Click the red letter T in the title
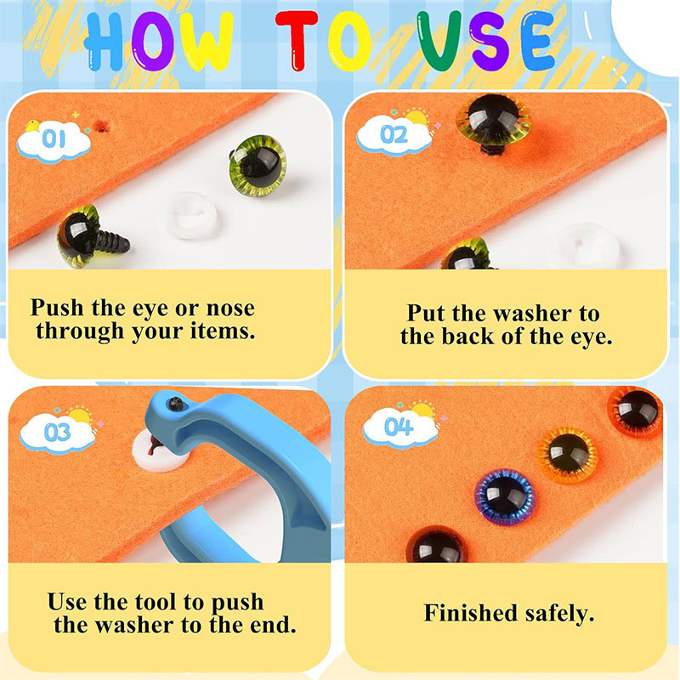[297, 40]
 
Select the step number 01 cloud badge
[54, 139]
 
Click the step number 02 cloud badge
[394, 133]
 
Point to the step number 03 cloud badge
[57, 432]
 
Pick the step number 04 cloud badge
[399, 427]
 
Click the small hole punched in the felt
[103, 126]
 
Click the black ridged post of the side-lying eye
[113, 242]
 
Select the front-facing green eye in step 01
[258, 165]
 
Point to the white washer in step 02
[591, 246]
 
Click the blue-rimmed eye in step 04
[504, 496]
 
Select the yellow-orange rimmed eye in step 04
[567, 455]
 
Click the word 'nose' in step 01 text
[230, 309]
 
